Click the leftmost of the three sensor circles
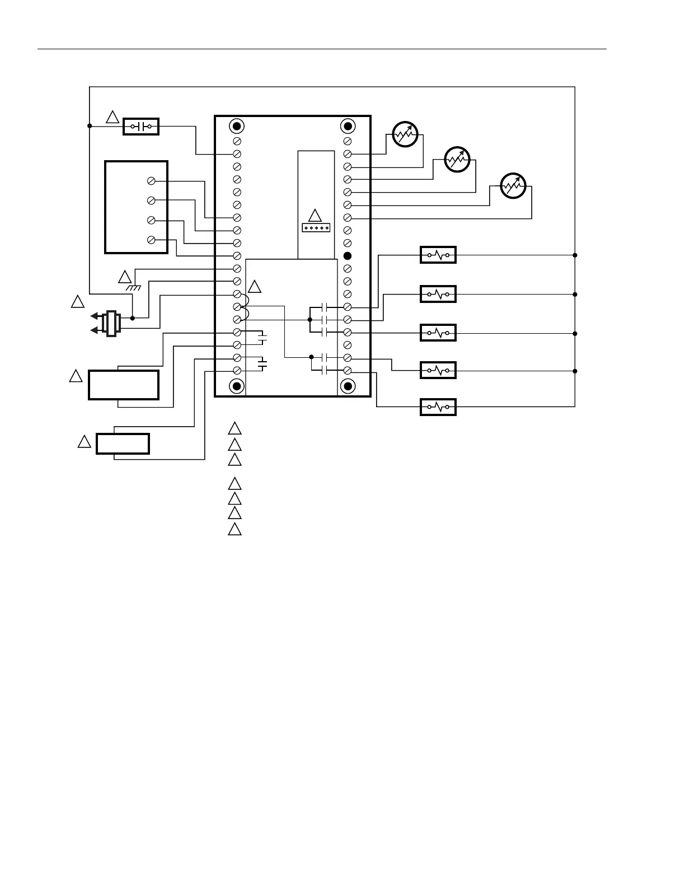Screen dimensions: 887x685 [405, 134]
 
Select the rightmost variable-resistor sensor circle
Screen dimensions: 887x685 [513, 185]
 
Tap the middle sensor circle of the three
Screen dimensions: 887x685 [457, 159]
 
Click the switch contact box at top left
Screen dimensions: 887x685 [141, 127]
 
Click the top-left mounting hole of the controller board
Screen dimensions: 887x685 [237, 125]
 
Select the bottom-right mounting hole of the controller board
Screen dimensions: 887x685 [348, 386]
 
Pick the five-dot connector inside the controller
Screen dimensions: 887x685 [316, 228]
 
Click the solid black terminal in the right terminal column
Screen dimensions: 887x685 [347, 256]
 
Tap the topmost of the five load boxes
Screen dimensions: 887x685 [438, 255]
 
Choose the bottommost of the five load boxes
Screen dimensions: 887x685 [438, 407]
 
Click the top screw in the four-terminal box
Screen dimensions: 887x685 [151, 181]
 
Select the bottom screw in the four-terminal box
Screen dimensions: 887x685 [151, 240]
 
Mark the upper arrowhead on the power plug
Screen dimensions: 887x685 [94, 316]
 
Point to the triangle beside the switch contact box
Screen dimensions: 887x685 [112, 117]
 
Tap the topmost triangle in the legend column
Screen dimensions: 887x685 [234, 429]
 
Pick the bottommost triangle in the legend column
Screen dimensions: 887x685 [234, 529]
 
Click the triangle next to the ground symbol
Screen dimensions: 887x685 [125, 277]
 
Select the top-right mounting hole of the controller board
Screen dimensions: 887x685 [348, 125]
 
